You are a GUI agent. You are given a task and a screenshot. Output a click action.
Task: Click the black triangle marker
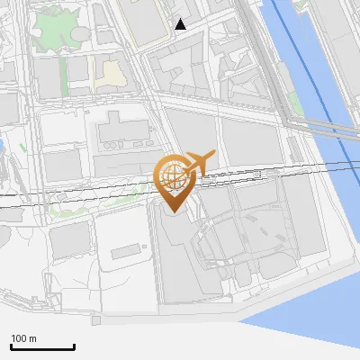tap(181, 24)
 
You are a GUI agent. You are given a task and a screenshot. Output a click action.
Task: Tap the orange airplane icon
tap(199, 163)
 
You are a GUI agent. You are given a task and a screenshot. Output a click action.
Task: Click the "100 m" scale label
tap(23, 338)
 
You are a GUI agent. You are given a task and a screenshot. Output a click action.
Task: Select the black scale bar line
tap(42, 346)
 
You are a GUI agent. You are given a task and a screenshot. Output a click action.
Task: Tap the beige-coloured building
tap(112, 73)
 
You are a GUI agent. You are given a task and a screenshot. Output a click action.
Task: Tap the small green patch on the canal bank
tap(296, 103)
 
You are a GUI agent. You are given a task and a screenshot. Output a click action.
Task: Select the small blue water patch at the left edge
tap(2, 144)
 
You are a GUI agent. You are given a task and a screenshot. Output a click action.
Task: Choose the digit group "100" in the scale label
tap(19, 338)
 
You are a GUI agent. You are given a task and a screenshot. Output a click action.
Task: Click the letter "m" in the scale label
tap(31, 338)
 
